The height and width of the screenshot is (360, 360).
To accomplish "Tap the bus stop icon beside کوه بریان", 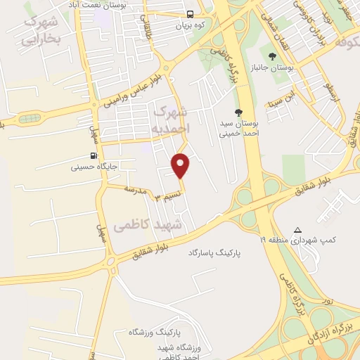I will [x=191, y=14].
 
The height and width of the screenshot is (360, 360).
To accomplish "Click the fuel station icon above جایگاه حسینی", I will [x=94, y=156].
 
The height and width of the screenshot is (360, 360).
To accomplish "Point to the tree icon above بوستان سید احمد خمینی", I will [x=239, y=112].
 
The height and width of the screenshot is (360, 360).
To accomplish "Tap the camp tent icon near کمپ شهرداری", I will [x=298, y=230].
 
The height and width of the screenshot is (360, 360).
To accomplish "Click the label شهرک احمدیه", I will [x=170, y=120].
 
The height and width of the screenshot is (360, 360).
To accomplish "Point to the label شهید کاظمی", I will [x=146, y=226].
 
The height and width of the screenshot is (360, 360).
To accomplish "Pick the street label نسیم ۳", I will [x=170, y=193].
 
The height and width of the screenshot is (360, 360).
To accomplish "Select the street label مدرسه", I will [x=134, y=190].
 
